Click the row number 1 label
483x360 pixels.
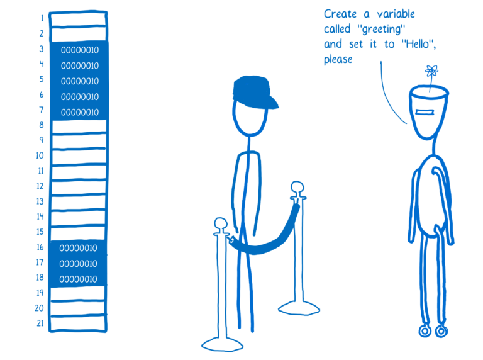click(x=41, y=18)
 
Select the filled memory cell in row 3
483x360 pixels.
click(x=79, y=50)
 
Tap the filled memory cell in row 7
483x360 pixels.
click(x=79, y=112)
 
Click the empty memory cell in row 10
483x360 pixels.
click(x=79, y=155)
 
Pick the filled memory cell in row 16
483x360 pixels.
click(x=79, y=248)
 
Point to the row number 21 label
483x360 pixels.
click(x=39, y=324)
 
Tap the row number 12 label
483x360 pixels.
click(x=39, y=186)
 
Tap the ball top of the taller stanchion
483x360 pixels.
click(x=297, y=187)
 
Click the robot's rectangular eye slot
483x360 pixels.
click(x=430, y=111)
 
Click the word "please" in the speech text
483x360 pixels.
click(x=338, y=60)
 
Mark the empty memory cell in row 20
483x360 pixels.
click(x=79, y=309)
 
